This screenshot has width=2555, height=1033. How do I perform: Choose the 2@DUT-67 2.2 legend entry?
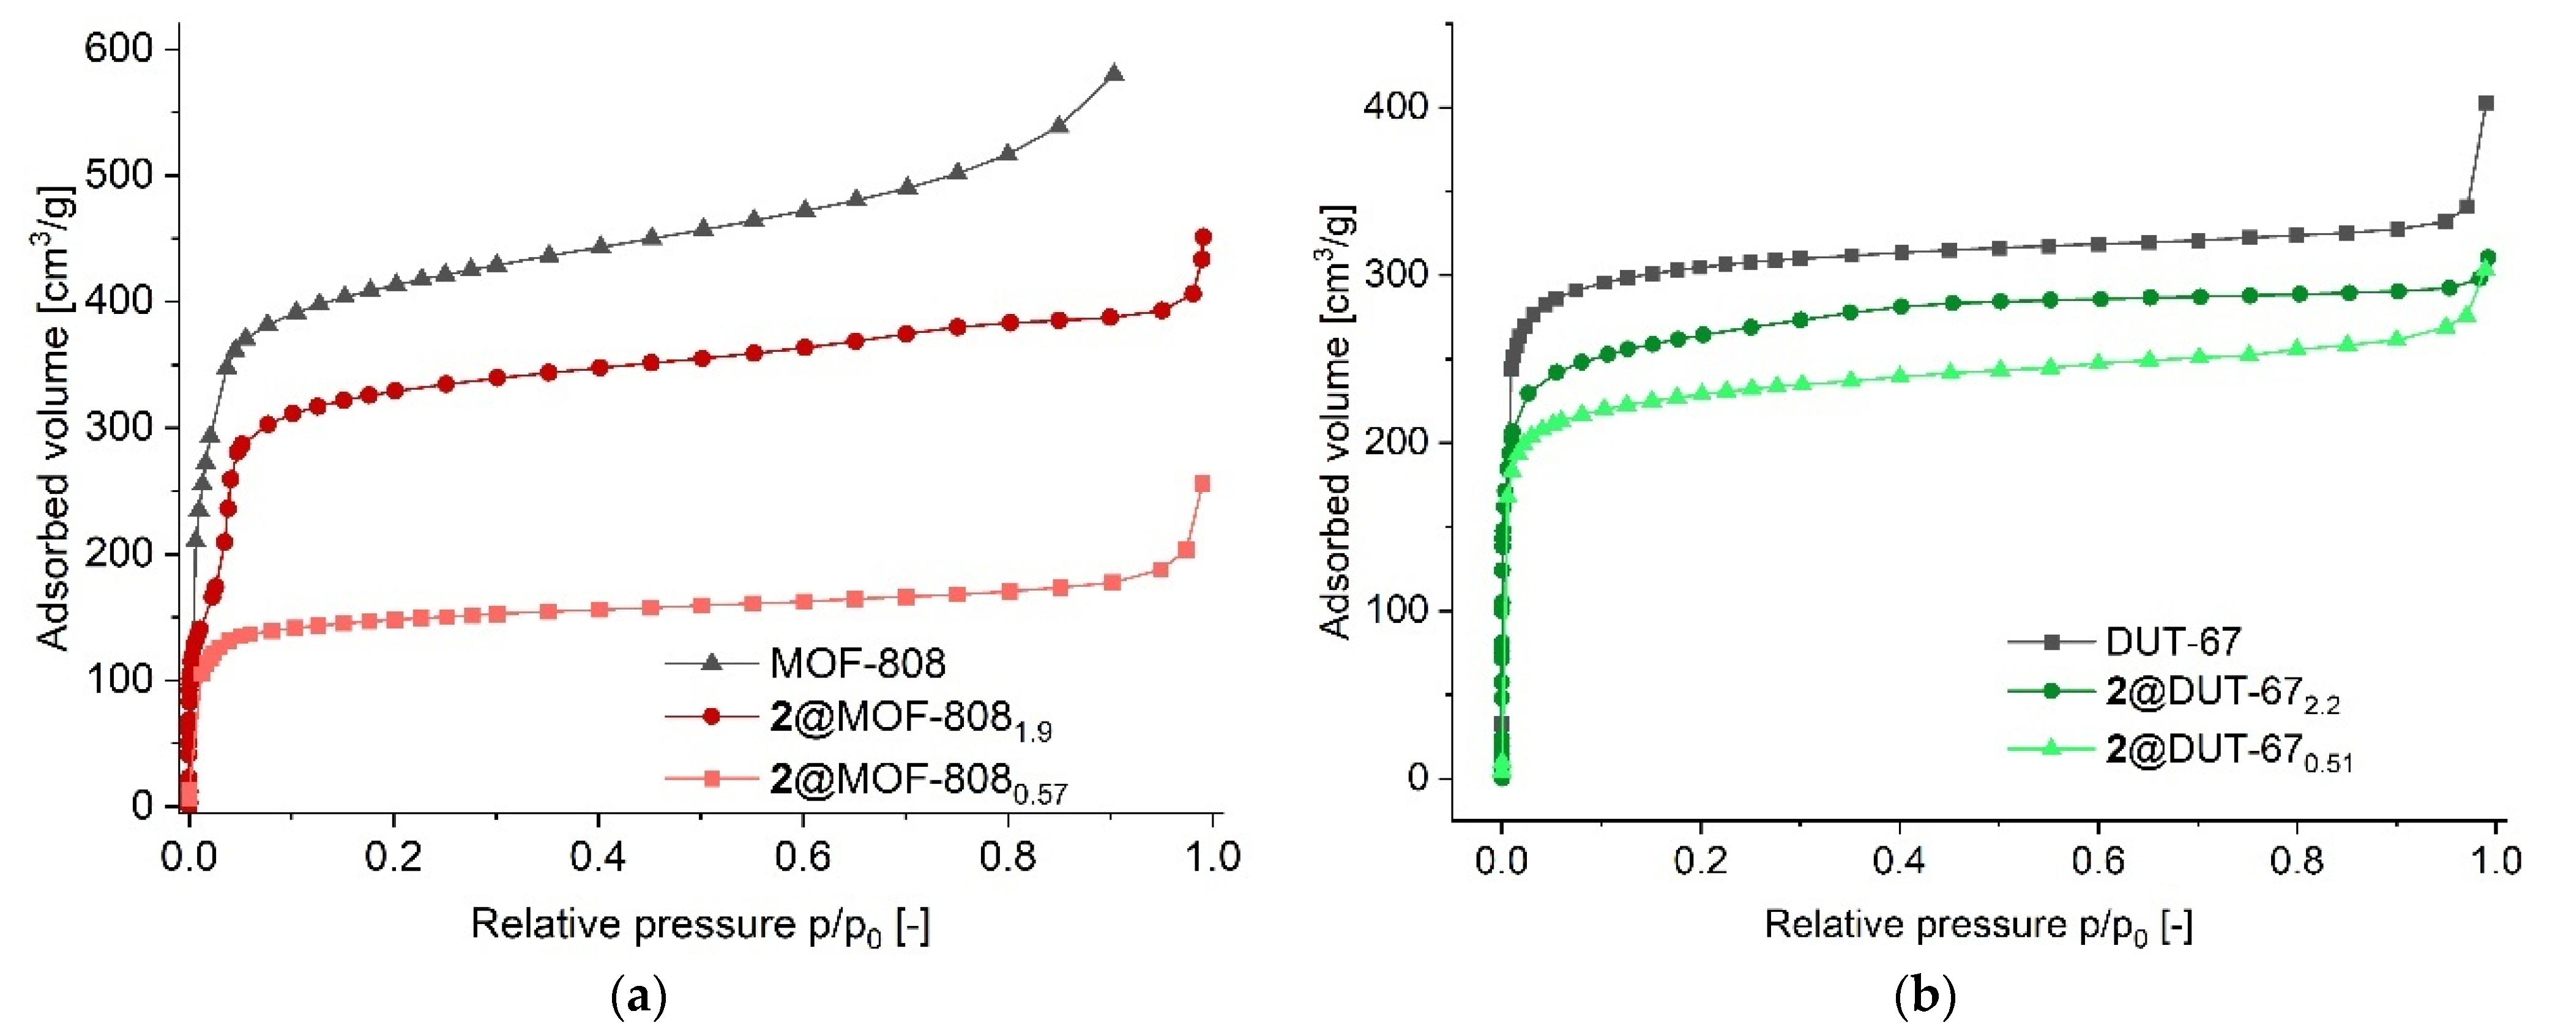coord(2221,693)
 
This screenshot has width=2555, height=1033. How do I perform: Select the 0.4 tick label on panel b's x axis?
coord(1900,859)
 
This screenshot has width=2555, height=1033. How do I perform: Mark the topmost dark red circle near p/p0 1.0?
coord(1203,237)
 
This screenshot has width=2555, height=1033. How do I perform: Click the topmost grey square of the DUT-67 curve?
coord(2486,103)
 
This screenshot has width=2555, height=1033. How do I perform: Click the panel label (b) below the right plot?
coord(1924,995)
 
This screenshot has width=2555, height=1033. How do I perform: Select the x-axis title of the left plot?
coord(699,925)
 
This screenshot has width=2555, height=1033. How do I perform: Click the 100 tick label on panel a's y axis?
coord(118,679)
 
